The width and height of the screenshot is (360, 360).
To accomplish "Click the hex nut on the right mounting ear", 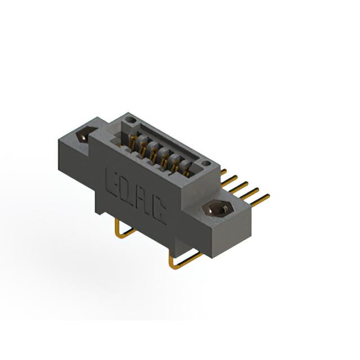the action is (x=218, y=208).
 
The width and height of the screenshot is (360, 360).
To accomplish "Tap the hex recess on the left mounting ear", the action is (x=84, y=135).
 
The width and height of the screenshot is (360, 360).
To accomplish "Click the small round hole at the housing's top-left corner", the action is (x=130, y=119).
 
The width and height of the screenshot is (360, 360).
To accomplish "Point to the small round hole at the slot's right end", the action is (x=206, y=164).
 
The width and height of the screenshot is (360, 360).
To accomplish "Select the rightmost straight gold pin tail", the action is (x=259, y=200).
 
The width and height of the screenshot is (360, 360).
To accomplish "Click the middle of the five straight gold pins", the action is (x=238, y=187).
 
